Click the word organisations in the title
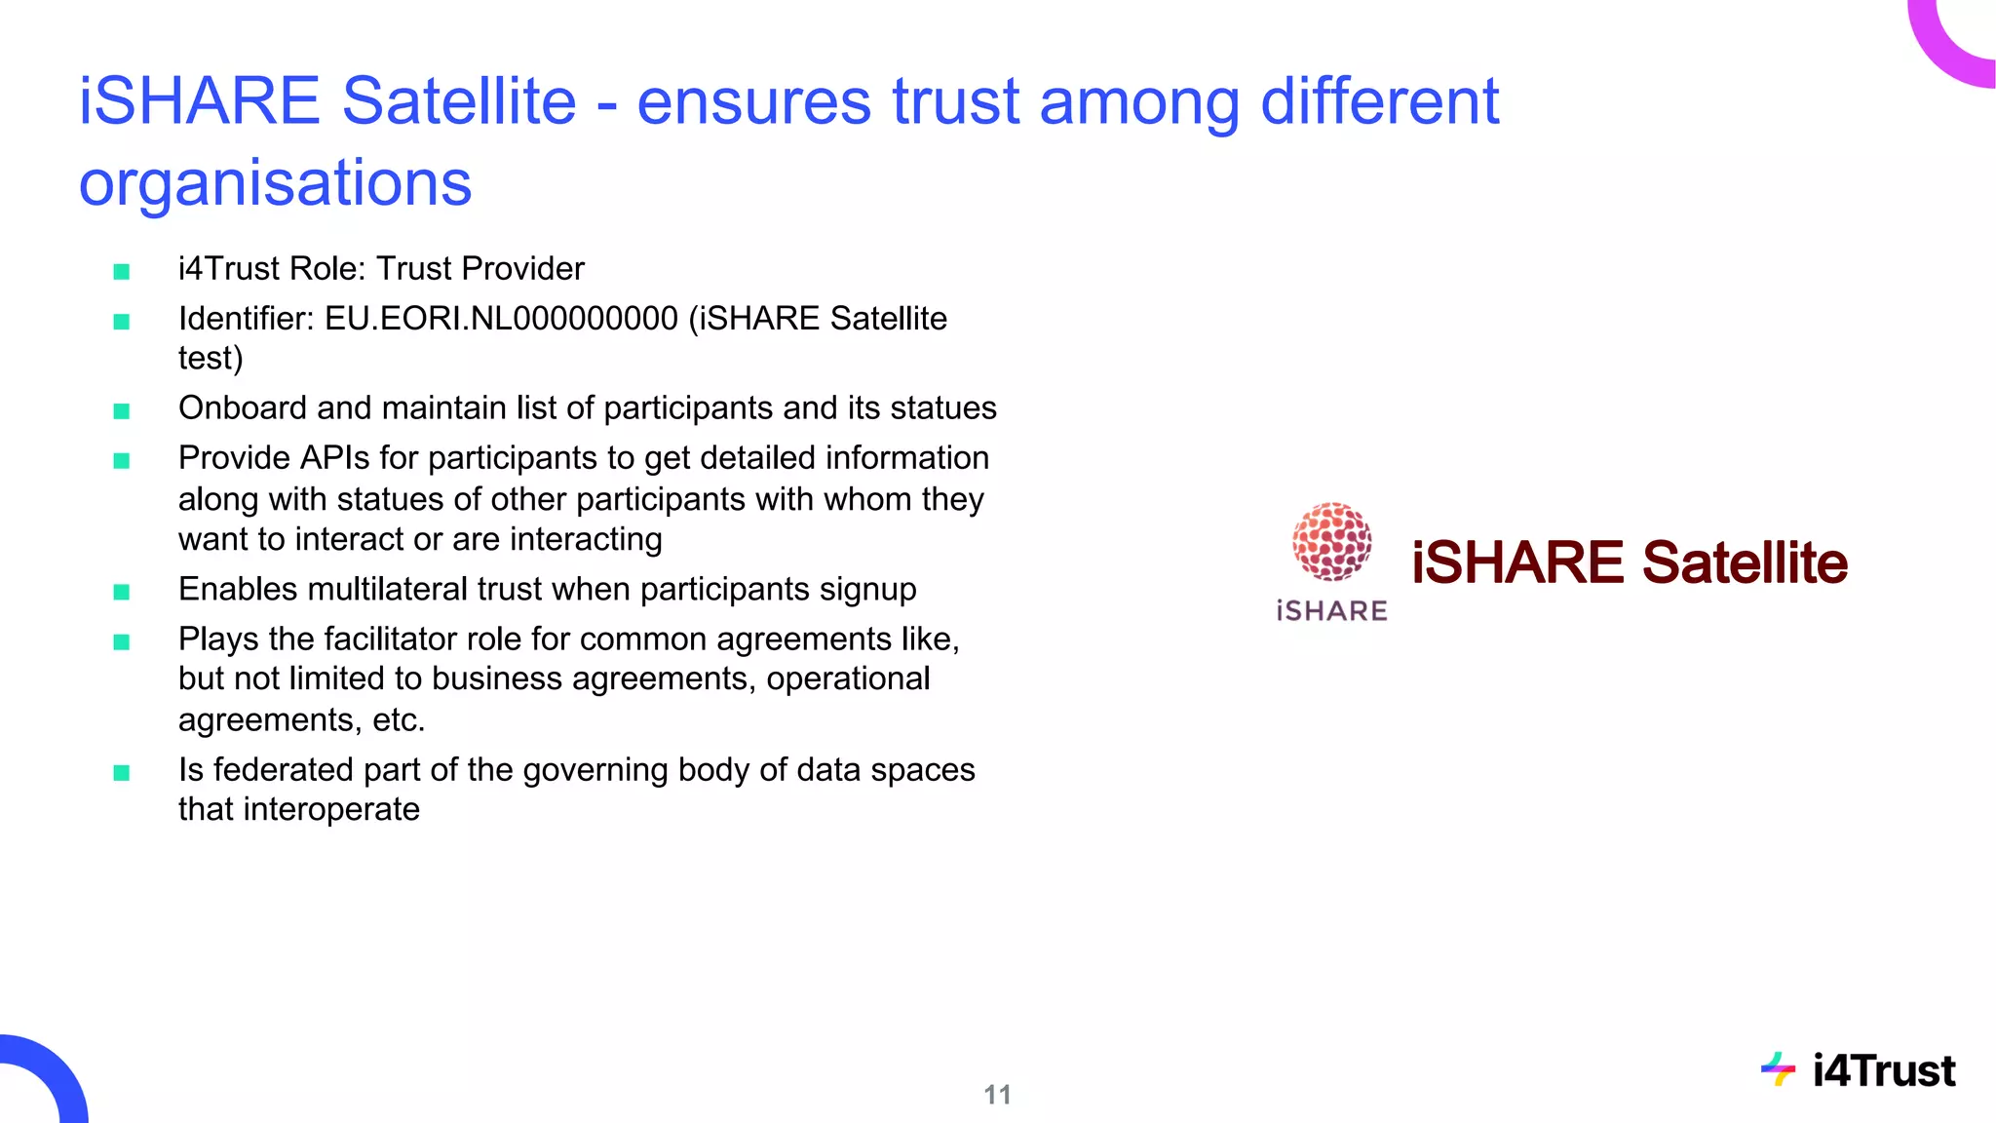click(275, 183)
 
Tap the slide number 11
click(997, 1095)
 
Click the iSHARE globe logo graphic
click(1331, 541)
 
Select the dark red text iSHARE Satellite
click(1629, 562)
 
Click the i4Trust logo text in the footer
click(1883, 1071)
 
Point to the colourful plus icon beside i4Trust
click(1779, 1069)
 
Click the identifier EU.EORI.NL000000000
click(501, 319)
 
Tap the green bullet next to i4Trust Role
click(122, 271)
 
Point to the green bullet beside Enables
click(122, 592)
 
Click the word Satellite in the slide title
click(459, 101)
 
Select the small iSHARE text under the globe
click(1331, 611)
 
